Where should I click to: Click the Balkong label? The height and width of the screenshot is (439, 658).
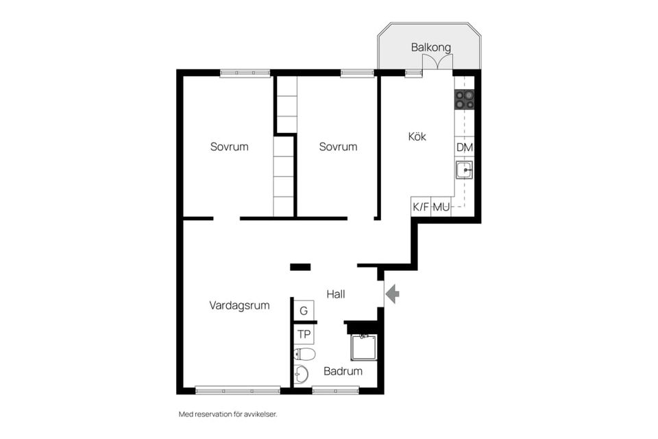pos(430,47)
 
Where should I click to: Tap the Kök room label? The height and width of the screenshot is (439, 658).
pos(417,136)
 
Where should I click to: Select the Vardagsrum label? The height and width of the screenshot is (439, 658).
pos(239,305)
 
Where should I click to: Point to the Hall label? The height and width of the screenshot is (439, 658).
pos(336,294)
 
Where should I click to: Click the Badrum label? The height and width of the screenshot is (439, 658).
pos(343,371)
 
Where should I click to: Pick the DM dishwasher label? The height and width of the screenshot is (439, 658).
pos(465,147)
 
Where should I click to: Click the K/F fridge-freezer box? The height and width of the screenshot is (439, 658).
pos(421,206)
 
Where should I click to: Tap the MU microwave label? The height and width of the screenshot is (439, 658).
pos(441,206)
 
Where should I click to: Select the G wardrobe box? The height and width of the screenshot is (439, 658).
pos(304,311)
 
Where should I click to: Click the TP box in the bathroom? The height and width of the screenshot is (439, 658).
pos(304,335)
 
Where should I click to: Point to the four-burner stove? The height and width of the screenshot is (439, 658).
pos(465,99)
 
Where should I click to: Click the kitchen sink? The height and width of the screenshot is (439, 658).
pos(465,169)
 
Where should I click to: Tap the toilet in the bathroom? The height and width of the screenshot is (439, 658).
pos(304,355)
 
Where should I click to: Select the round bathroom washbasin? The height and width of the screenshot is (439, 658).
pos(301,373)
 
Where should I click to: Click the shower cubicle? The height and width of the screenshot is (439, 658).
pos(364,347)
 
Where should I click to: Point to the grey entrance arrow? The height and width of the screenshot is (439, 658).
pos(392,294)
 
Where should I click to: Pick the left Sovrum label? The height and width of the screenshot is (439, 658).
pos(229,147)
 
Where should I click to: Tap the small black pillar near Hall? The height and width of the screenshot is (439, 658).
pos(300,267)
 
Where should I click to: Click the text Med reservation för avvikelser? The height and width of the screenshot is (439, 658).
pos(228,414)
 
